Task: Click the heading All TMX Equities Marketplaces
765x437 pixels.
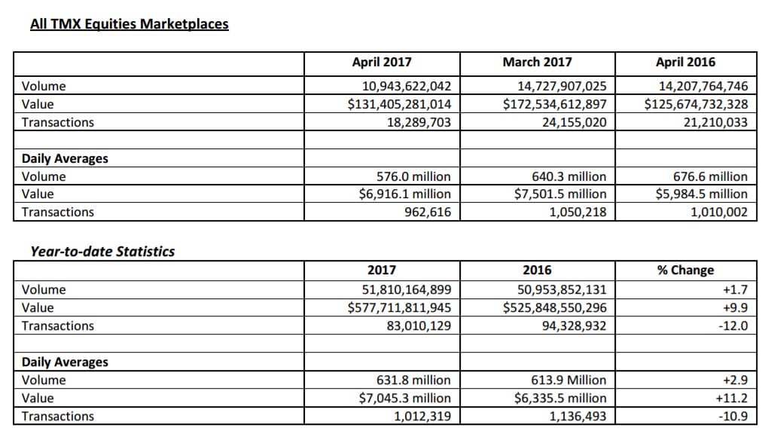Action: pyautogui.click(x=130, y=24)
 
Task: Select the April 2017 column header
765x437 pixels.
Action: pyautogui.click(x=382, y=62)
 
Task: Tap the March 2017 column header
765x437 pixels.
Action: pyautogui.click(x=537, y=62)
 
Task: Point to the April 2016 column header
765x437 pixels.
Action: pyautogui.click(x=685, y=62)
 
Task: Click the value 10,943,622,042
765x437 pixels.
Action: pyautogui.click(x=407, y=86)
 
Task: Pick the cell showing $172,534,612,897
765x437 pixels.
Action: pyautogui.click(x=555, y=104)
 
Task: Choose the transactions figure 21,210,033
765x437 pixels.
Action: pyautogui.click(x=715, y=122)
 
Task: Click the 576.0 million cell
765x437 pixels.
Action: pyautogui.click(x=413, y=176)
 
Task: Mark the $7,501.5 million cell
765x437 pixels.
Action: pyautogui.click(x=560, y=194)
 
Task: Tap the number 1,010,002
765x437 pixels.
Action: pyautogui.click(x=718, y=212)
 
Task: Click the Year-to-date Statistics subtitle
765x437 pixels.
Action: pyautogui.click(x=102, y=252)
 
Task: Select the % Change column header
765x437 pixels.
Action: pyautogui.click(x=685, y=270)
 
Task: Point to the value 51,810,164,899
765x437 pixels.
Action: pyautogui.click(x=407, y=289)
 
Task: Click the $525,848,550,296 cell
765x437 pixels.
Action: pyautogui.click(x=555, y=307)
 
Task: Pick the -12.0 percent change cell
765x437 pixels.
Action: pyautogui.click(x=733, y=325)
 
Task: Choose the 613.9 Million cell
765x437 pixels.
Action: pyautogui.click(x=568, y=380)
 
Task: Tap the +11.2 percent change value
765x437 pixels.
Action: pyautogui.click(x=731, y=398)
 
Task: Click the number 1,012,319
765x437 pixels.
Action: pyautogui.click(x=422, y=416)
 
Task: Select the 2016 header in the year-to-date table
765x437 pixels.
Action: pyautogui.click(x=537, y=270)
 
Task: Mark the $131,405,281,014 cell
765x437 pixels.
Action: pyautogui.click(x=399, y=104)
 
